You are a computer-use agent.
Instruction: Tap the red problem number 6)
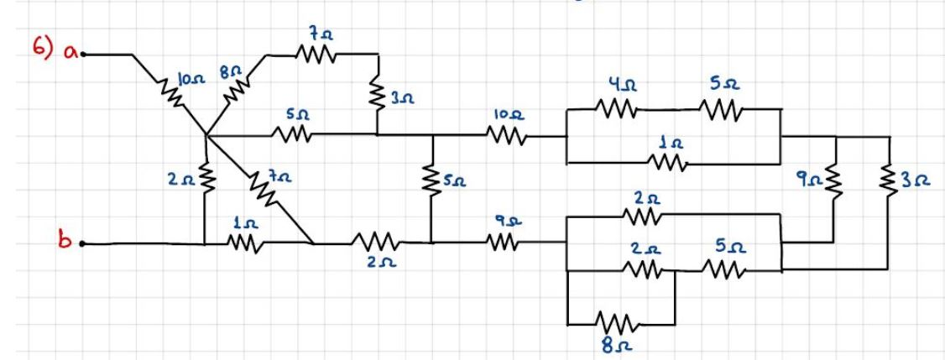[44, 50]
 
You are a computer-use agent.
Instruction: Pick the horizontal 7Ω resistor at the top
[316, 56]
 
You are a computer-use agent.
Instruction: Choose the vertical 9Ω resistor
[834, 178]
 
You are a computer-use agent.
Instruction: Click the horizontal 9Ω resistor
[504, 244]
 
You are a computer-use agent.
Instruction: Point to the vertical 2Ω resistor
[204, 178]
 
